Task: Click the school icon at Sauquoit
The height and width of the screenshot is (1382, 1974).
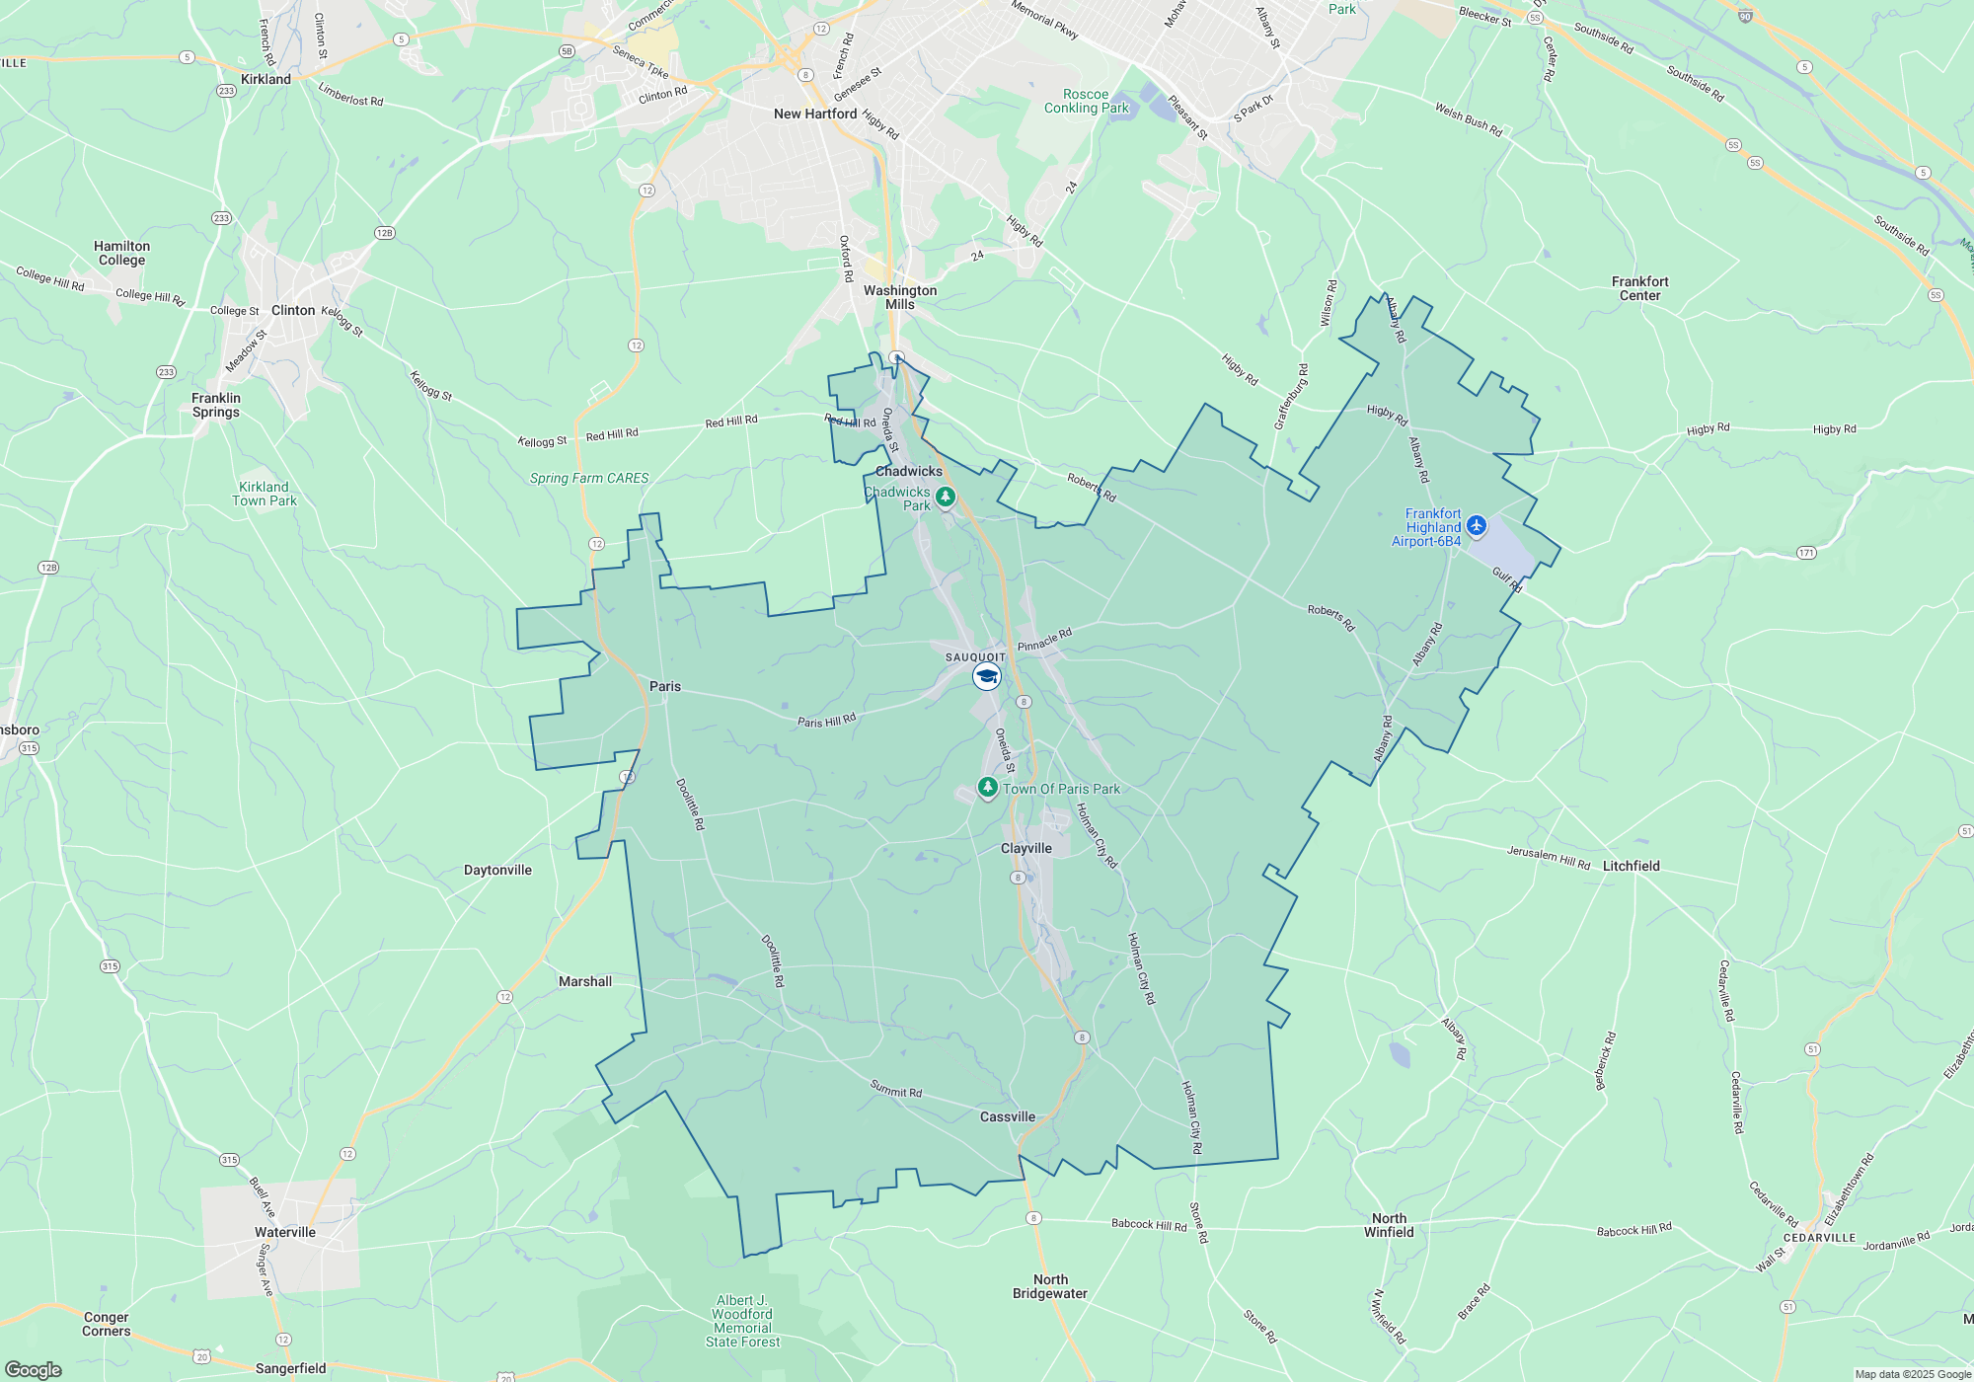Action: coord(986,676)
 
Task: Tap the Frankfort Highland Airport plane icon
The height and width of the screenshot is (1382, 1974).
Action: coord(1477,525)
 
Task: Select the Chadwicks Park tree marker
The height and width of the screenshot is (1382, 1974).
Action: coord(946,496)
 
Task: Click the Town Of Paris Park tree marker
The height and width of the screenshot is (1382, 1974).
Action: coord(987,787)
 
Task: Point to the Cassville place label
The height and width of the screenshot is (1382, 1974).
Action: coord(1008,1116)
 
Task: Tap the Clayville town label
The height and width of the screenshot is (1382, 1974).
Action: coord(1026,849)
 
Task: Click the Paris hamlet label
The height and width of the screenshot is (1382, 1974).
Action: coord(665,686)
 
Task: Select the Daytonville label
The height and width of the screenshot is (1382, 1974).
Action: coord(497,870)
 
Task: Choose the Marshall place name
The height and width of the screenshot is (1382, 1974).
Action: coord(585,981)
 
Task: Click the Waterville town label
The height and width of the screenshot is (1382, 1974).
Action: coord(285,1232)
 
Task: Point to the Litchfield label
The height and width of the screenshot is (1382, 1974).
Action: coord(1631,866)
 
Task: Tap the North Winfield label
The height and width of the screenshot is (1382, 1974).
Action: coord(1389,1225)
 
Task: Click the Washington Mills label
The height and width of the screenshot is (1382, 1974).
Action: coord(900,297)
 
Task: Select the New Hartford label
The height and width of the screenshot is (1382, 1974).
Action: coord(815,114)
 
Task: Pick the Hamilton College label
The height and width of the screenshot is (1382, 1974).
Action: coord(122,254)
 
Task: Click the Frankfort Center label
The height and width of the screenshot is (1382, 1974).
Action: coord(1639,288)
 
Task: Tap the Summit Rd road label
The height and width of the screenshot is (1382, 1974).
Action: coord(896,1090)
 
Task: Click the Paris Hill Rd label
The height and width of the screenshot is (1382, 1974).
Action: coord(827,721)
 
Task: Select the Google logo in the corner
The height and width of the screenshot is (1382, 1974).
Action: coord(34,1370)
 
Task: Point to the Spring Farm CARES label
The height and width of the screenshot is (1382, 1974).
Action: coord(589,478)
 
